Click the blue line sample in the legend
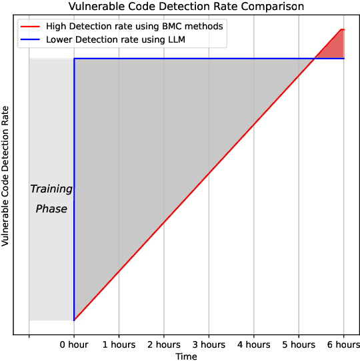pyautogui.click(x=31, y=40)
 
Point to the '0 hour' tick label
pyautogui.click(x=74, y=345)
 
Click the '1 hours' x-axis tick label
pyautogui.click(x=119, y=345)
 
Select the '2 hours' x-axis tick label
pyautogui.click(x=163, y=345)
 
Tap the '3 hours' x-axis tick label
pyautogui.click(x=209, y=345)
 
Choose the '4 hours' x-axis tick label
pyautogui.click(x=253, y=345)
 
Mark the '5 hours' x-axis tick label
pyautogui.click(x=299, y=345)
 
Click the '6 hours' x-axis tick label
pyautogui.click(x=343, y=345)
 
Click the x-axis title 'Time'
pyautogui.click(x=186, y=356)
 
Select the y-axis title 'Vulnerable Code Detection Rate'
pyautogui.click(x=6, y=176)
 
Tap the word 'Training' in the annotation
pyautogui.click(x=51, y=189)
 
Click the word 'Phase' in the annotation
pyautogui.click(x=51, y=209)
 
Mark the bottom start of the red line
pyautogui.click(x=74, y=320)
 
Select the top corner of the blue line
pyautogui.click(x=74, y=59)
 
